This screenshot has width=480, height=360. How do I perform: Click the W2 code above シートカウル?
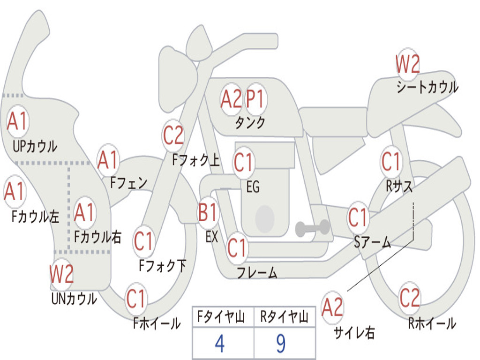407,64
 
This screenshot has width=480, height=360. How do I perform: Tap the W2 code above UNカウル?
61,274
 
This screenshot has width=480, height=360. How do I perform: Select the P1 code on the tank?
255,99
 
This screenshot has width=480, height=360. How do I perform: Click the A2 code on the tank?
231,99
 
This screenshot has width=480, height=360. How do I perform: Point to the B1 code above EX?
208,212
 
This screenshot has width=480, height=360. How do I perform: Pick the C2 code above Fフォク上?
173,135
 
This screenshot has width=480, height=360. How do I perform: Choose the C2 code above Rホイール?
410,298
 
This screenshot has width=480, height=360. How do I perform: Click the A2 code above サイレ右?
332,307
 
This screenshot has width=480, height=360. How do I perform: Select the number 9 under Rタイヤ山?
281,344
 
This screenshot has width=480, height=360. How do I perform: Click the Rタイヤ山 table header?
284,317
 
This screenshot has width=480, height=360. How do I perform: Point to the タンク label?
250,122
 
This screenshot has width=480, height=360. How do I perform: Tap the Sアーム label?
372,242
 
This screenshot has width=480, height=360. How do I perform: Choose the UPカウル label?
35,146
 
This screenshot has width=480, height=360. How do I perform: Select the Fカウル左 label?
35,217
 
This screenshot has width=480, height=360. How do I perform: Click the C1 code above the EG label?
243,162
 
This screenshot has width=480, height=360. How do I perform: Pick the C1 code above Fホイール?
135,299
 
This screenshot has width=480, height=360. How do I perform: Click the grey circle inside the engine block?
265,218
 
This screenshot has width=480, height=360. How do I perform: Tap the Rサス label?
399,186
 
